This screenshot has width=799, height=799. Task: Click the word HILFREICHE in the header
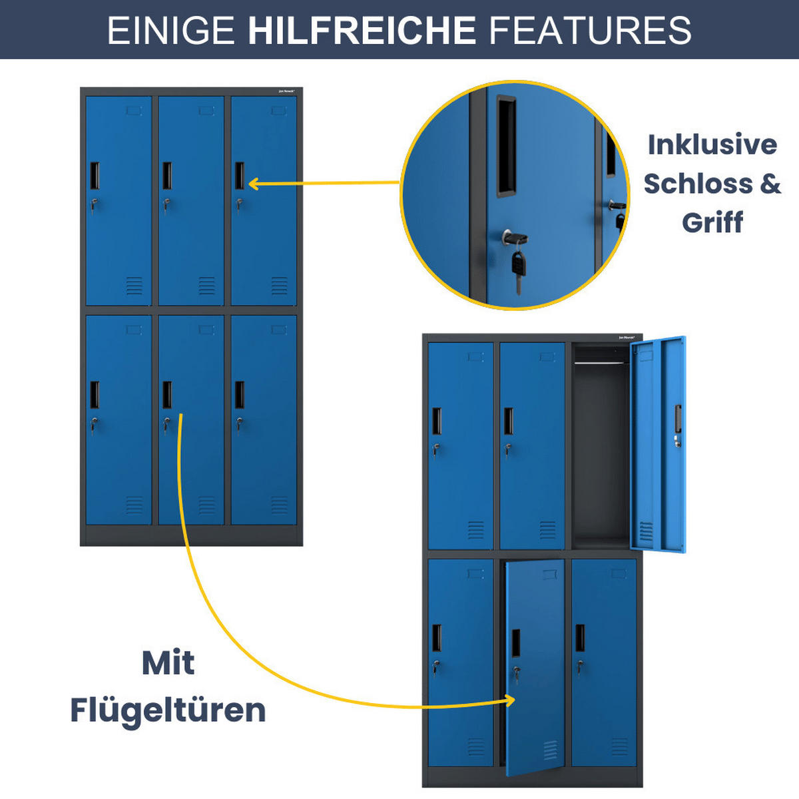[362, 31]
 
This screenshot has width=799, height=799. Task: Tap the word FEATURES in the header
[590, 31]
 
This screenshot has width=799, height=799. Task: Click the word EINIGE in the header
[171, 31]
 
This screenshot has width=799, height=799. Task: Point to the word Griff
[712, 222]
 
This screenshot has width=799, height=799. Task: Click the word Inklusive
[712, 144]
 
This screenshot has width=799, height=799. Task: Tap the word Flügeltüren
[168, 710]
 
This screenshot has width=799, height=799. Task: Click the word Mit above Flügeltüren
[168, 663]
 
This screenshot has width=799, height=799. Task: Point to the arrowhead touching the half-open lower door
[509, 700]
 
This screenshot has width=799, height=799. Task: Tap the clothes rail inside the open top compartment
[601, 362]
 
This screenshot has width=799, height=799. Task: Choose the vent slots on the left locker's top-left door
[134, 286]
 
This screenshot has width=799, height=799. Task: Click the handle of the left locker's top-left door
[95, 176]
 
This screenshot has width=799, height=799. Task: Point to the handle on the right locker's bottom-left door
[437, 638]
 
